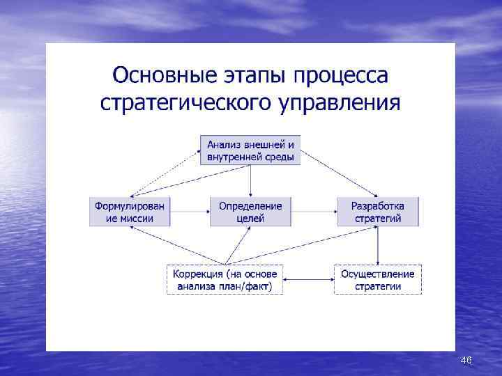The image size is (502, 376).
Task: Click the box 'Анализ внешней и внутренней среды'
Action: point(250,150)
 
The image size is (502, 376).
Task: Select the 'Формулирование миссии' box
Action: point(130,212)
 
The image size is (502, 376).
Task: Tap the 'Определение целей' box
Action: point(250,212)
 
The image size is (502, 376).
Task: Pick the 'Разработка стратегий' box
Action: point(377,212)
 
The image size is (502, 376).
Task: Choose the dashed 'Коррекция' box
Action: point(225,279)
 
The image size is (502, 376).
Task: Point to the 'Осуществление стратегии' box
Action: point(377,279)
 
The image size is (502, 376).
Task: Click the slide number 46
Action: point(466,360)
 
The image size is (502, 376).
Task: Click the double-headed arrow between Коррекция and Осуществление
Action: point(308,280)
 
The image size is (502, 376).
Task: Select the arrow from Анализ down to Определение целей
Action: point(250,180)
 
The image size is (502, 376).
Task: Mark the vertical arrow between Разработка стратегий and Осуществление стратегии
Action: point(377,245)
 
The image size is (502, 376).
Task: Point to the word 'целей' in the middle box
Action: point(250,218)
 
